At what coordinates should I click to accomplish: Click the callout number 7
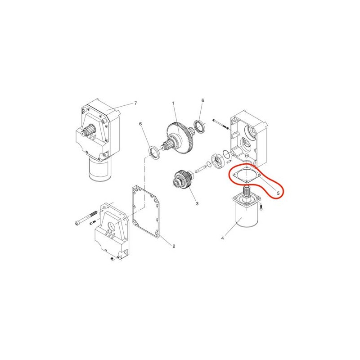point(135,103)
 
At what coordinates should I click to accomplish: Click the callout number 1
point(173,103)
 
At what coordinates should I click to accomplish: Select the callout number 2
point(174,246)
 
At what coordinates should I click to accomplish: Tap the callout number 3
point(197,203)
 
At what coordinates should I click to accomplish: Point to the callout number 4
point(222,238)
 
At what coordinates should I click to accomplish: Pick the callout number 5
point(278,193)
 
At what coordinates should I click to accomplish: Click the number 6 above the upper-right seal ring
point(202,100)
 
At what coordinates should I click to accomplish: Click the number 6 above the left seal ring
point(140,124)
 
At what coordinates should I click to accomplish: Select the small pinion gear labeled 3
point(183,180)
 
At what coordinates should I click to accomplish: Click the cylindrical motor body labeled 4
point(246,216)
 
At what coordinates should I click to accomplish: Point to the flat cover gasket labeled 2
point(145,212)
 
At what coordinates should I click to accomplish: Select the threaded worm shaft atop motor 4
point(246,191)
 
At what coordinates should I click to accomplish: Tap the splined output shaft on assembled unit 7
point(88,130)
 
